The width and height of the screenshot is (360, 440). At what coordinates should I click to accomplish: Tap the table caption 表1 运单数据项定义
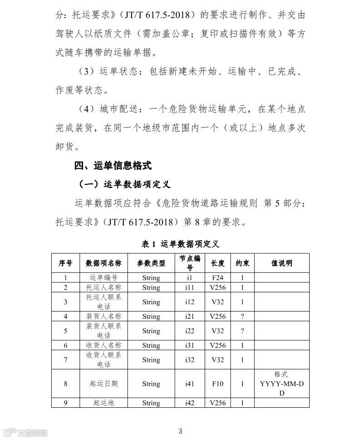tap(180, 244)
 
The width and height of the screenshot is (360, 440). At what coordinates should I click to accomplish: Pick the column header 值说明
tap(281, 263)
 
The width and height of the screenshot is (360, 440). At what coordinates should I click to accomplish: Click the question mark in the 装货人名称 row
tap(242, 316)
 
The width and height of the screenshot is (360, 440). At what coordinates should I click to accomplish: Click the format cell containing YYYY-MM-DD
tap(281, 384)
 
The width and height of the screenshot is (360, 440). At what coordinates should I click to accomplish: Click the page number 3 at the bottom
tap(180, 431)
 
